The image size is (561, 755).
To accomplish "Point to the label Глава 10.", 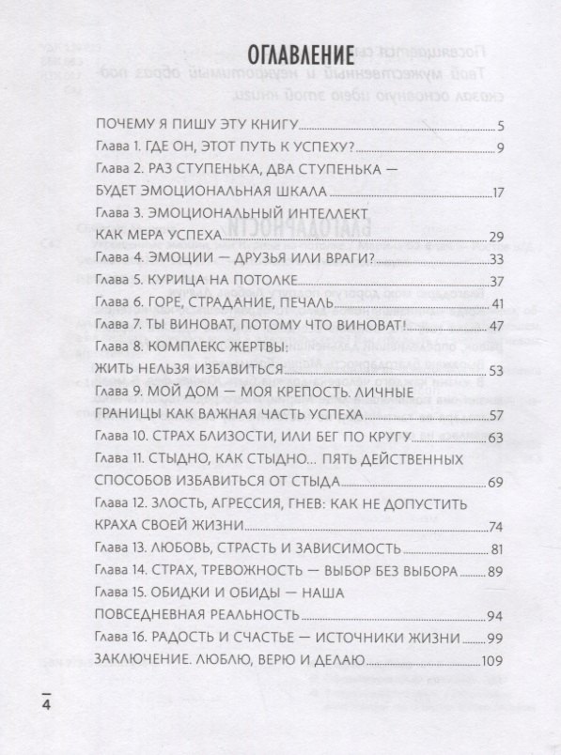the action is click(123, 438).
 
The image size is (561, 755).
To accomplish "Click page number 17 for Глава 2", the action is click(499, 192).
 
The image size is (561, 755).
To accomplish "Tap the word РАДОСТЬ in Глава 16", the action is click(191, 639).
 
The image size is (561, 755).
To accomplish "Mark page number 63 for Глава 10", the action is click(498, 438).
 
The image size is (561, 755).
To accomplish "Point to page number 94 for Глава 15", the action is click(498, 615).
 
